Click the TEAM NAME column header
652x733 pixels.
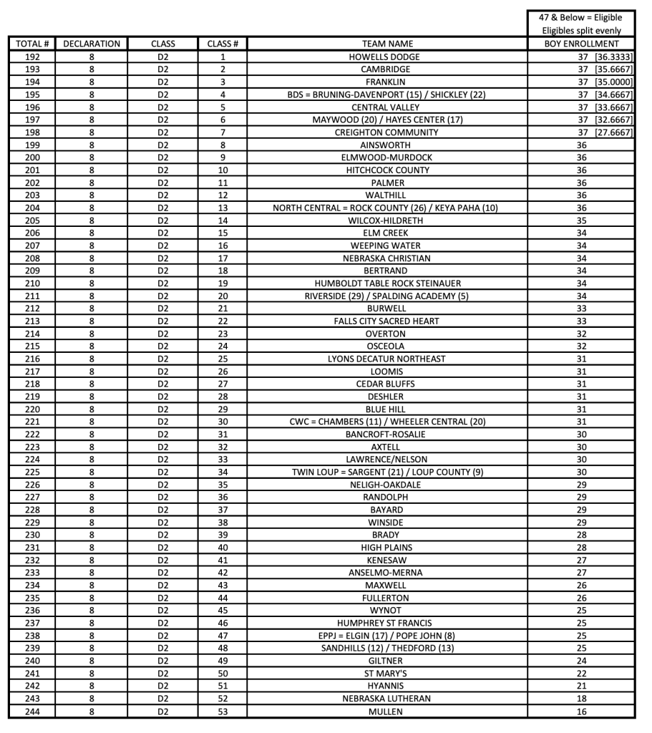pos(387,44)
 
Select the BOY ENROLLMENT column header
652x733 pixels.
pos(581,44)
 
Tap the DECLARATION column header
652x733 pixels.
pos(92,44)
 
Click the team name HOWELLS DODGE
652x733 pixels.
pos(387,57)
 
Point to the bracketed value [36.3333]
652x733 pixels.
pos(613,57)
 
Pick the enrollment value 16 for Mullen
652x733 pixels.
pos(581,712)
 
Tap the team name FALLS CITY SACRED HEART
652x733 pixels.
pos(386,321)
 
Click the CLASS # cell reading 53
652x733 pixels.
pos(223,712)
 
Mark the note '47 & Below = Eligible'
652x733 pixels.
pos(581,17)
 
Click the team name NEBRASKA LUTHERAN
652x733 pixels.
pos(386,699)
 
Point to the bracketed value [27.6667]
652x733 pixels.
pos(613,132)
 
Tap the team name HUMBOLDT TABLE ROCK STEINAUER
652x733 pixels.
pos(386,283)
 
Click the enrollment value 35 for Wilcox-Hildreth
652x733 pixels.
pos(581,220)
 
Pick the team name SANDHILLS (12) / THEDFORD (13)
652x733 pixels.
pos(386,649)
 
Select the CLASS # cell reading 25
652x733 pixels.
pos(223,359)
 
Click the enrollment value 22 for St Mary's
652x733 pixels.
pos(581,674)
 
